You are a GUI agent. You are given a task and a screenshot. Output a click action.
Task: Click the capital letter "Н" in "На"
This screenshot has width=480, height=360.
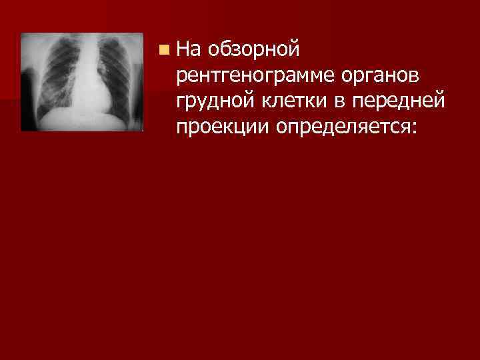(x=185, y=49)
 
